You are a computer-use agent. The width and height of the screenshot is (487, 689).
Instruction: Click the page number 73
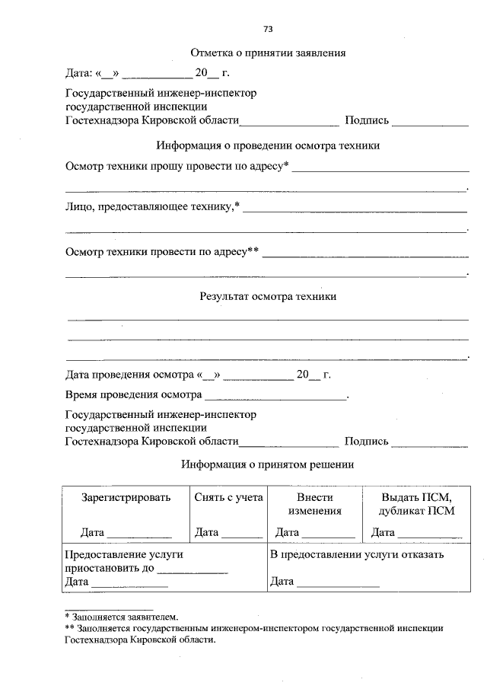tap(268, 29)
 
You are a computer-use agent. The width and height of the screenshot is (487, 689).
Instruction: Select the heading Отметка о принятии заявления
tap(268, 53)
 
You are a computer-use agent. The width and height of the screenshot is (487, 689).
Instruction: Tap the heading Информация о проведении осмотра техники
tap(268, 145)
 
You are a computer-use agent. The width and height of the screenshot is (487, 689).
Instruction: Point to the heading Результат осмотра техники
tap(268, 297)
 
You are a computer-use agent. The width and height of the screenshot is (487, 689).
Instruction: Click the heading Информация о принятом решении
tap(268, 464)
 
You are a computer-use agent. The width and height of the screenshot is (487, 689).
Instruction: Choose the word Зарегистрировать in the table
tap(126, 497)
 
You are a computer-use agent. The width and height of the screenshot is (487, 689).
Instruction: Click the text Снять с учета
tap(229, 497)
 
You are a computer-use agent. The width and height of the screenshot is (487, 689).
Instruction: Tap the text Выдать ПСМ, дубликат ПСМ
tap(416, 504)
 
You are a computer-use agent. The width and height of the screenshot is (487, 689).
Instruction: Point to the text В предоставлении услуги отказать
tap(357, 554)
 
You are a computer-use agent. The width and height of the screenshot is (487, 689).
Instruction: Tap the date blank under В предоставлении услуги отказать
tap(338, 583)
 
